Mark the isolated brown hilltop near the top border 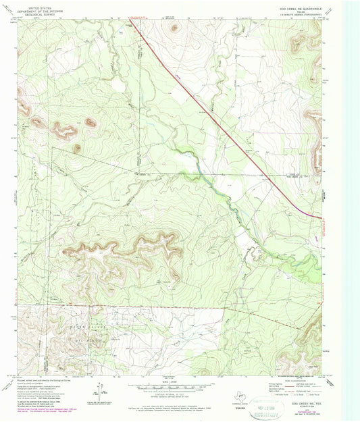click(175, 28)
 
